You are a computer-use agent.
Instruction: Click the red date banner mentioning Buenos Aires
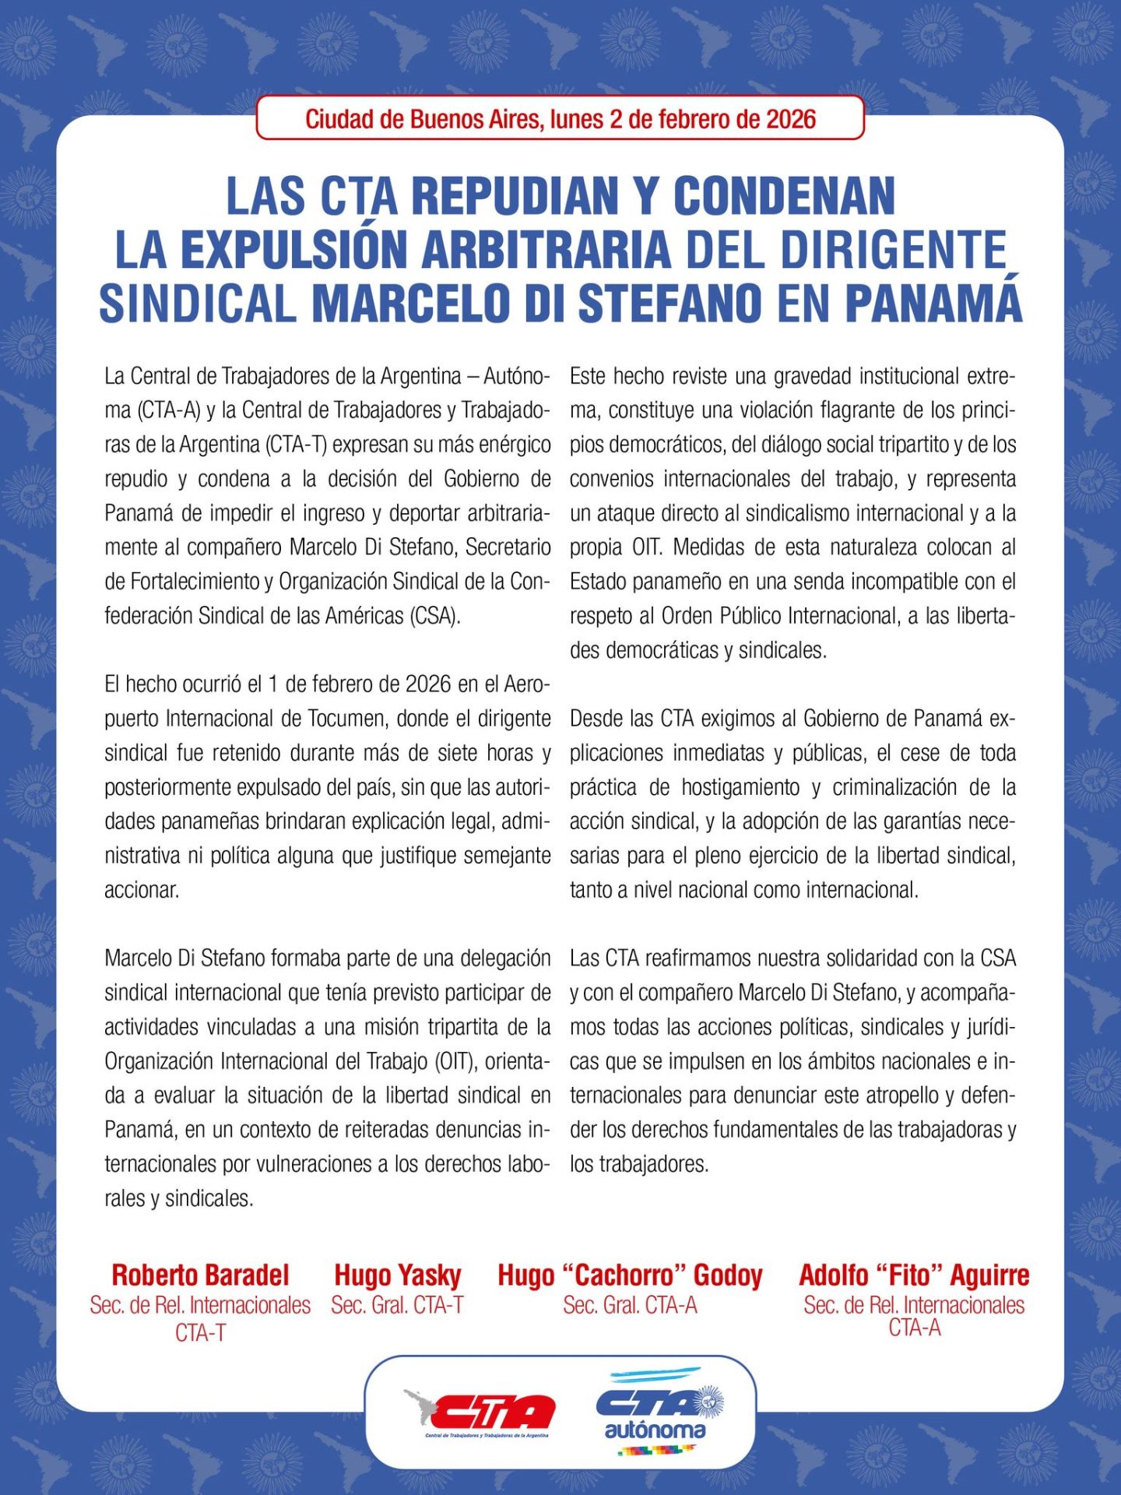[560, 119]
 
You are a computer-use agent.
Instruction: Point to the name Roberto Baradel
[200, 1275]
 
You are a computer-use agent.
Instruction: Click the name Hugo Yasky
[397, 1275]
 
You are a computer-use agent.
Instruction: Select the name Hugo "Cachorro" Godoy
[630, 1275]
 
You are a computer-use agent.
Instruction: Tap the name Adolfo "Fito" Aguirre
[914, 1275]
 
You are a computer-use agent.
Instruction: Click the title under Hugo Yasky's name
[397, 1305]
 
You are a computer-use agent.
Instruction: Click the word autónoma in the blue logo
[655, 1430]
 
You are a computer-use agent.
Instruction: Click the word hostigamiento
[740, 787]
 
